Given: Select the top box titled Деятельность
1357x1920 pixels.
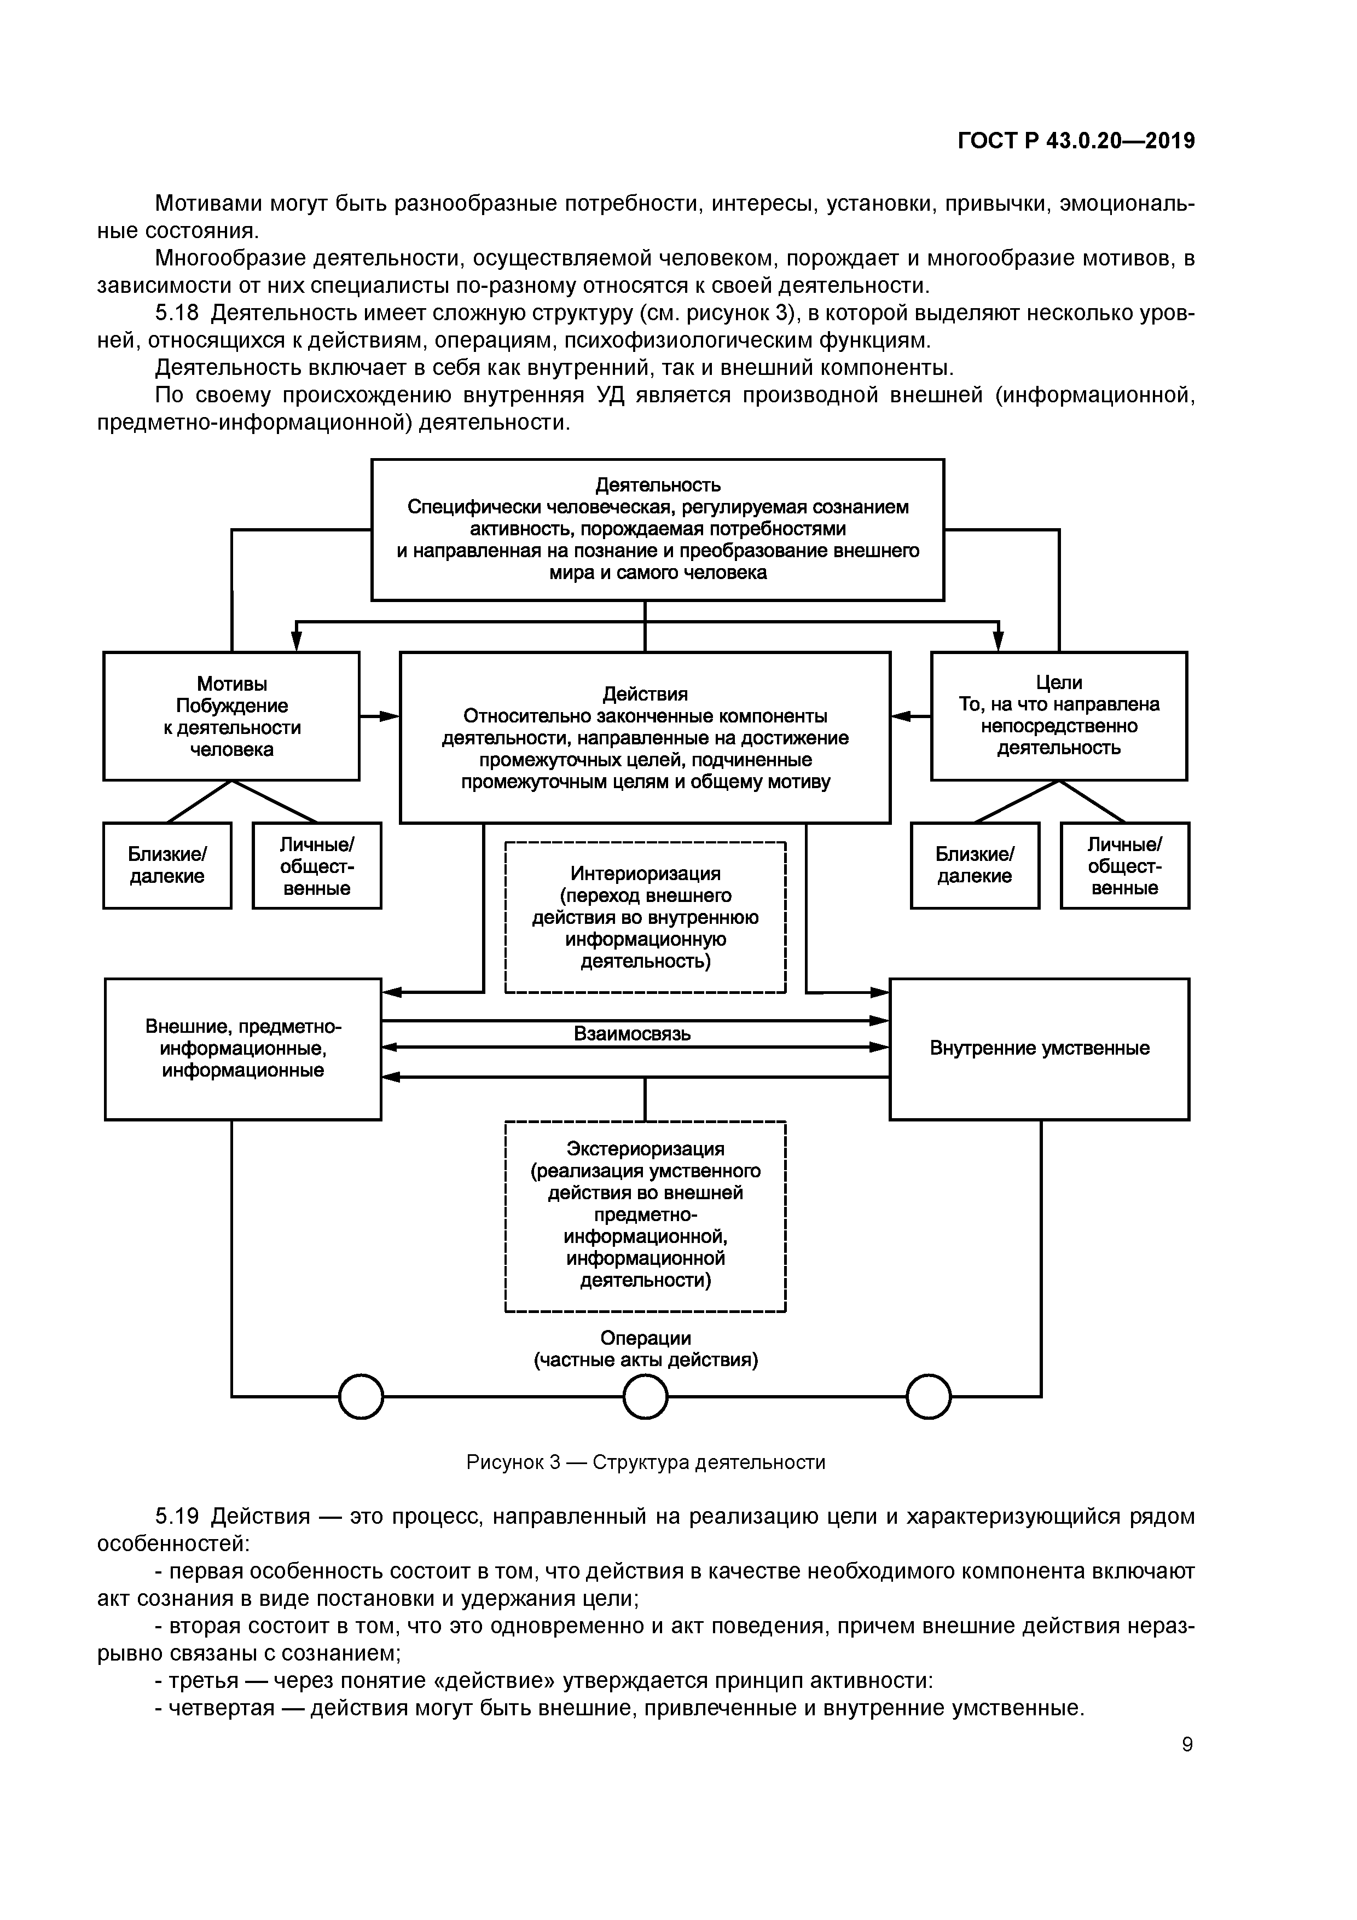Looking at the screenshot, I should tap(657, 529).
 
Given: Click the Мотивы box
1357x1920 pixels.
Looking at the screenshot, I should tap(231, 716).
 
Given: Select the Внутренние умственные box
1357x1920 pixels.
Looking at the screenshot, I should tap(1039, 1049).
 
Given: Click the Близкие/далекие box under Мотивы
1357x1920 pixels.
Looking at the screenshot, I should tap(167, 865).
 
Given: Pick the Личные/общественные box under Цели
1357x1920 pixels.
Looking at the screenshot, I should tap(1124, 865).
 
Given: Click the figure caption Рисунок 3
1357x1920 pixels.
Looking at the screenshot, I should tap(646, 1462).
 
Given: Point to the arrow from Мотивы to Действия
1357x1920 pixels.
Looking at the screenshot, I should tap(380, 716).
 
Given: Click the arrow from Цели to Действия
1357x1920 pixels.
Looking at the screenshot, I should tap(911, 716).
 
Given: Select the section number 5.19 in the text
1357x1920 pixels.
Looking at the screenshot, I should tap(177, 1516).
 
